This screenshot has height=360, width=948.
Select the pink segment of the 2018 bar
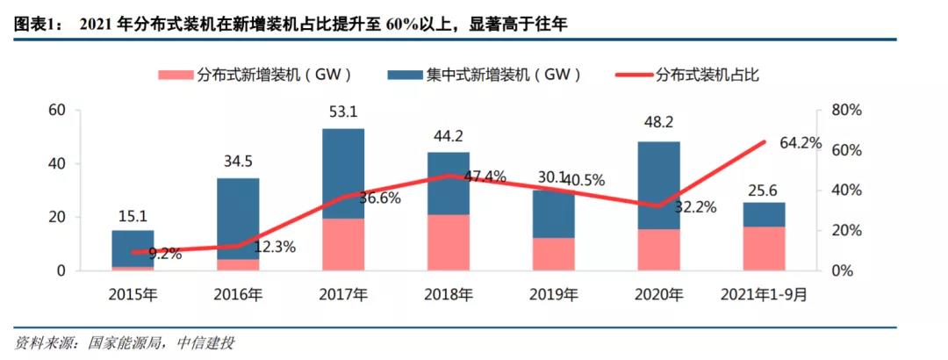coord(448,242)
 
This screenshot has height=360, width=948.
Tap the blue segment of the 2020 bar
coord(658,184)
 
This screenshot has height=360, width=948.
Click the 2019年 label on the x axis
coord(553,295)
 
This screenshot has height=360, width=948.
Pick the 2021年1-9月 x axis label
coord(765,295)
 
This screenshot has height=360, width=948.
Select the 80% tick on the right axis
coord(846,110)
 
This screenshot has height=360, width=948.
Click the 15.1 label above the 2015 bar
coord(132,213)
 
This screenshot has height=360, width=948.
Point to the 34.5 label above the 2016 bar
coord(237,161)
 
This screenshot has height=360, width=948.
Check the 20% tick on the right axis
coord(846,230)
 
